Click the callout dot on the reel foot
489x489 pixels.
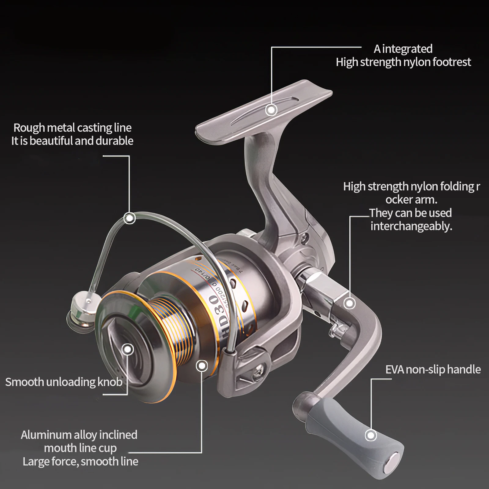271,110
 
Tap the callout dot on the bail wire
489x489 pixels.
129,218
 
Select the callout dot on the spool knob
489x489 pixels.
128,349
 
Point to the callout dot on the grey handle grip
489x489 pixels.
371,435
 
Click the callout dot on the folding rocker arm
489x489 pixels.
349,303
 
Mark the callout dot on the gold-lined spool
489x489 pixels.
201,366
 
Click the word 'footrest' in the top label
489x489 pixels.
452,62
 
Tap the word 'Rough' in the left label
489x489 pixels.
29,128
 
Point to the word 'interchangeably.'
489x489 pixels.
411,226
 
